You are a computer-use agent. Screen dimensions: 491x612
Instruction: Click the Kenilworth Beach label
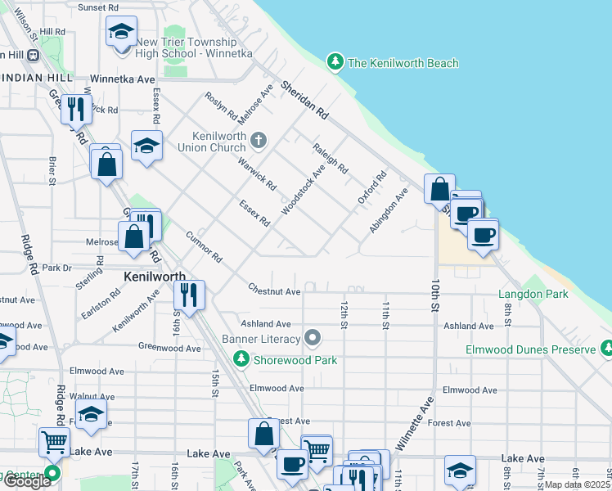tap(403, 63)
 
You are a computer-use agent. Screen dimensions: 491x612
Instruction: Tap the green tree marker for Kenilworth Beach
tap(334, 61)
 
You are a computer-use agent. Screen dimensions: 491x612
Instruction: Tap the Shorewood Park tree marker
tap(241, 358)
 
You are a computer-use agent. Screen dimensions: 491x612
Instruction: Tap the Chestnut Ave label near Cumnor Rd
tap(275, 291)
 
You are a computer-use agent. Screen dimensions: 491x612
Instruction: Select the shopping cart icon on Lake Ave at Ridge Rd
tap(54, 443)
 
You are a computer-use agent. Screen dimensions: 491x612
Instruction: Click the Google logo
tap(26, 481)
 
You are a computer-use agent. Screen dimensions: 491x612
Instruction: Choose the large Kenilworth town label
tap(153, 277)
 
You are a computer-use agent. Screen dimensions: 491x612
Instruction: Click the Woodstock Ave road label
tap(303, 187)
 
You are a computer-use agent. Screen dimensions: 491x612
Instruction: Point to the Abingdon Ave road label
tap(388, 212)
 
